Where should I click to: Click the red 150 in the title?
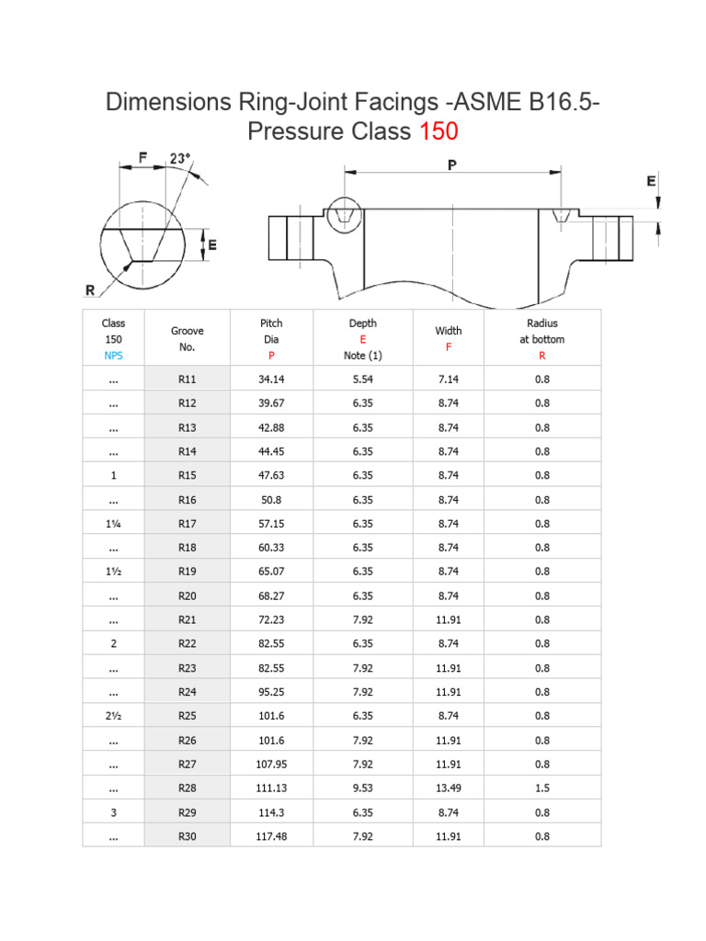click(438, 131)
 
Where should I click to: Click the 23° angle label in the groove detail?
click(180, 158)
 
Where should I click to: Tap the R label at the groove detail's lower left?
click(90, 290)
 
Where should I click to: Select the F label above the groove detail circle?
click(142, 158)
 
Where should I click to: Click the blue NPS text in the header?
click(114, 355)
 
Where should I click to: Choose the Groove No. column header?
click(188, 339)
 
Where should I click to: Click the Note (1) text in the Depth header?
click(363, 355)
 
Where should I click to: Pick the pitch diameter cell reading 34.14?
click(271, 379)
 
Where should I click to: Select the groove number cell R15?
click(188, 475)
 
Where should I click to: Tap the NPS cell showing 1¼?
click(114, 523)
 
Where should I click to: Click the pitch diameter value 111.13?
click(271, 788)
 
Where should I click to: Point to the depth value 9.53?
click(363, 788)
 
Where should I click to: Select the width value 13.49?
click(450, 788)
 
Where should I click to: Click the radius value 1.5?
click(541, 788)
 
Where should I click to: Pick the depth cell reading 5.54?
click(363, 379)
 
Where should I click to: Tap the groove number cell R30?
click(188, 836)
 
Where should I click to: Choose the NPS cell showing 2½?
click(114, 716)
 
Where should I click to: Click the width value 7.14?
click(450, 379)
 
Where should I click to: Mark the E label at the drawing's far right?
click(651, 181)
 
